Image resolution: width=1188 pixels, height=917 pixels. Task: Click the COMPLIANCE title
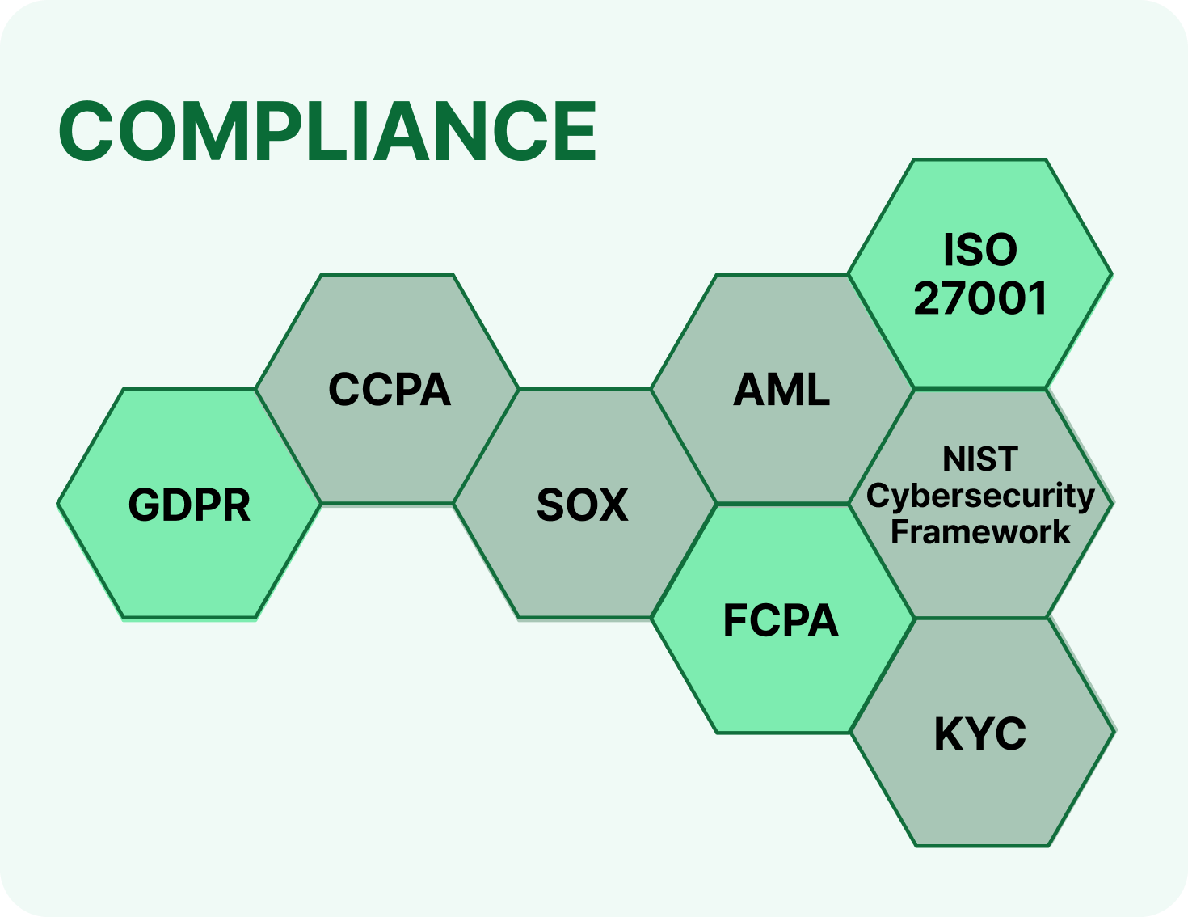(327, 131)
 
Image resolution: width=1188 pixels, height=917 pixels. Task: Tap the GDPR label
(189, 505)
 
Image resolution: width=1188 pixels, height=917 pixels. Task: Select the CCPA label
(390, 389)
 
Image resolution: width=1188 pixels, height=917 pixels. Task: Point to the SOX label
(582, 505)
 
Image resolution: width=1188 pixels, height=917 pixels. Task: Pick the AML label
(781, 389)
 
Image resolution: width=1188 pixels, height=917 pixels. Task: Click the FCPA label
(781, 620)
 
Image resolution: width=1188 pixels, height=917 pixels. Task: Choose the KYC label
(979, 734)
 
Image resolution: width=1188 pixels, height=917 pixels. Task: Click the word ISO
(980, 250)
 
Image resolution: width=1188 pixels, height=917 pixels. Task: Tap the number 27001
(980, 298)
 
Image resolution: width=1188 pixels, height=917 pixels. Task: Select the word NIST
(980, 458)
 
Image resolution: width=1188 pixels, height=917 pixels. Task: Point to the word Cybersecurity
(980, 497)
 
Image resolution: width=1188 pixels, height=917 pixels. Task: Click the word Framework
(980, 531)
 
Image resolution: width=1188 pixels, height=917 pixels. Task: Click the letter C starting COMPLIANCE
(86, 131)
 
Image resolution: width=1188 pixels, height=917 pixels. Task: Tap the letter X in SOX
(613, 505)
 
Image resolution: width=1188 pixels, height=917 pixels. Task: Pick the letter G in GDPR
(144, 505)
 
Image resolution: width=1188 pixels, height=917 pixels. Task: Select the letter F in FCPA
(735, 620)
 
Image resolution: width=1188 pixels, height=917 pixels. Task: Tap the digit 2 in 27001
(927, 298)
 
